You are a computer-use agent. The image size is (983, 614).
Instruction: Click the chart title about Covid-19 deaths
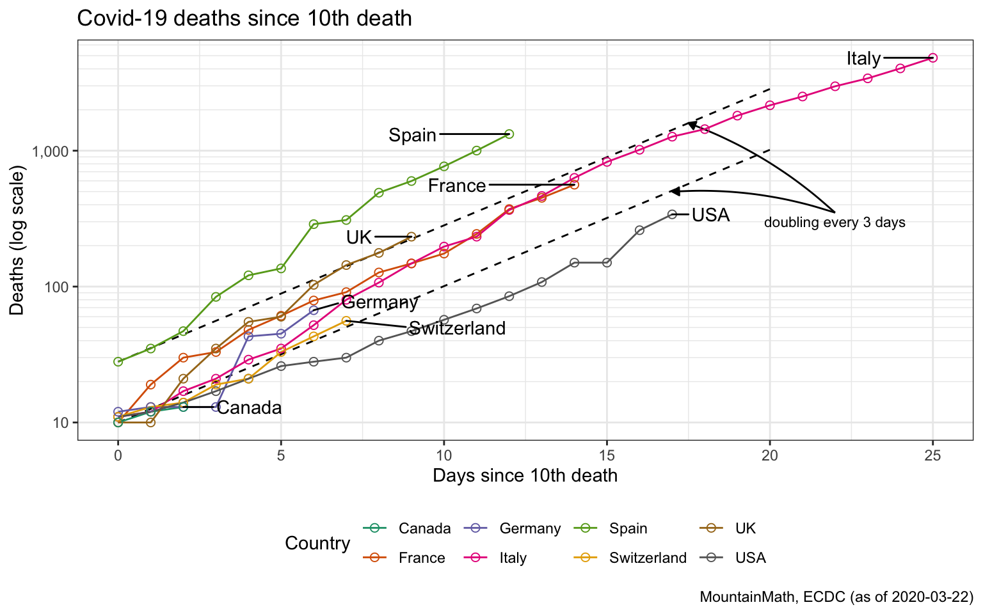(x=244, y=18)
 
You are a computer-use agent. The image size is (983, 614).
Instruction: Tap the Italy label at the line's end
(x=863, y=58)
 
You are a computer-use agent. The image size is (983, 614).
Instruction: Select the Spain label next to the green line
(x=412, y=135)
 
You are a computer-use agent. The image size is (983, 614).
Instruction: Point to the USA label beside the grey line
(x=710, y=215)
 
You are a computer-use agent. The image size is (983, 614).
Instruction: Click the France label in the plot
(x=456, y=185)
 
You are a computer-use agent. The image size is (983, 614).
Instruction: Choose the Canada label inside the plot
(x=250, y=407)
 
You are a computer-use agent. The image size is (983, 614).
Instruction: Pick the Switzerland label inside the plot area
(x=457, y=328)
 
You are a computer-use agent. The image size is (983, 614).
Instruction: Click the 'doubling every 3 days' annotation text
(x=834, y=223)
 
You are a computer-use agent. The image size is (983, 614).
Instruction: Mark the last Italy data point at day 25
(x=932, y=58)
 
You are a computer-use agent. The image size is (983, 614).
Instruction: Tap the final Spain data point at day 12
(x=509, y=134)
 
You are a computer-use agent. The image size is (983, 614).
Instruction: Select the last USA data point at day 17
(x=672, y=214)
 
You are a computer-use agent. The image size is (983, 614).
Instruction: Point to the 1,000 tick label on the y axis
(x=49, y=151)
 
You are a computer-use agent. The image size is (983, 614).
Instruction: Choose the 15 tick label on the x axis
(x=607, y=455)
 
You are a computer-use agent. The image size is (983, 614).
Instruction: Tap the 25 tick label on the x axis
(x=932, y=455)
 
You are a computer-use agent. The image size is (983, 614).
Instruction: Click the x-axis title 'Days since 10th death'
(x=525, y=475)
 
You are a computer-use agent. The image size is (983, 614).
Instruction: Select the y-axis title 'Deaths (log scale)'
(x=17, y=240)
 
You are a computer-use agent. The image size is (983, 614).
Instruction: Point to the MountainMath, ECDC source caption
(x=836, y=597)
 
